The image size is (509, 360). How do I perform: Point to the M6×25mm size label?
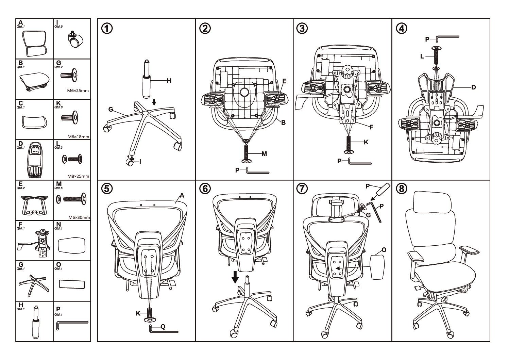click(79, 91)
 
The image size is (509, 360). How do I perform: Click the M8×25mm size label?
click(79, 176)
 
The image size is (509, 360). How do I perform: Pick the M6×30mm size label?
click(79, 217)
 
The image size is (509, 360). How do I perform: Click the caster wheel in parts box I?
click(73, 41)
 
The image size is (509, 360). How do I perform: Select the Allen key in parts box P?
click(71, 324)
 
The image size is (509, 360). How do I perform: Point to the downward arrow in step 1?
click(154, 102)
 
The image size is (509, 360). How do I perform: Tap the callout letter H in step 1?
click(169, 81)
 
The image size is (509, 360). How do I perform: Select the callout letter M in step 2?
click(264, 153)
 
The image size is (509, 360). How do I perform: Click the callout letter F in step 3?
click(371, 127)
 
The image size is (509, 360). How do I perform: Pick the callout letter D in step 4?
click(473, 87)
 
